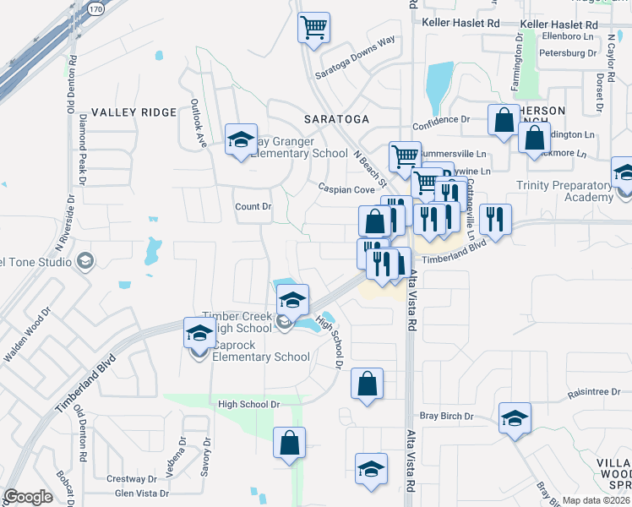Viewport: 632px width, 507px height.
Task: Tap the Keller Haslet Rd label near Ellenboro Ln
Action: tap(558, 24)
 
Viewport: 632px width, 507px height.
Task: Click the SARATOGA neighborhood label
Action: tap(338, 119)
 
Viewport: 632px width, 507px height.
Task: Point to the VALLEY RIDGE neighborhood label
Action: tap(133, 112)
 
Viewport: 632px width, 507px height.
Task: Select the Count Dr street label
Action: tap(253, 207)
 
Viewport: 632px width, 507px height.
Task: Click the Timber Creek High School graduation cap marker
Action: tap(292, 300)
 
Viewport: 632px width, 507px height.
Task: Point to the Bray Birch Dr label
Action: tap(447, 417)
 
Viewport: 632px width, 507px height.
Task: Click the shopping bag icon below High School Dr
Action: tap(289, 444)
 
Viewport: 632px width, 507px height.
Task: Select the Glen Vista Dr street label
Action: tap(142, 493)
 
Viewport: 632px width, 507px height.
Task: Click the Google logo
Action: tap(28, 497)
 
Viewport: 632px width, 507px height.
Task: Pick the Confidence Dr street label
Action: tap(440, 120)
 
